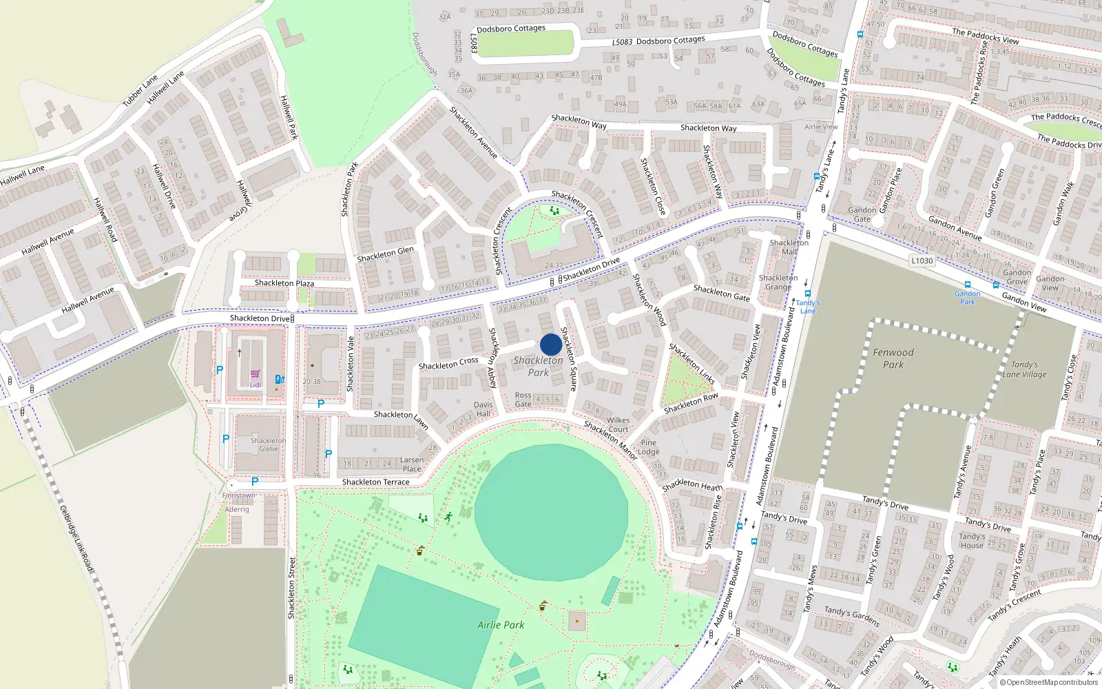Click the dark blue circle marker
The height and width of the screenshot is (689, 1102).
(551, 344)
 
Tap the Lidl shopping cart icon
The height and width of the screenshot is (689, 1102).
(255, 374)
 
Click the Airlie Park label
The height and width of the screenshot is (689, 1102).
(501, 625)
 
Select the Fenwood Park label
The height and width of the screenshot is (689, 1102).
(893, 358)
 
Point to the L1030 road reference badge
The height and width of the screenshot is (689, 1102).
(922, 260)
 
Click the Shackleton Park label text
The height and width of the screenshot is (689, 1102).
(538, 366)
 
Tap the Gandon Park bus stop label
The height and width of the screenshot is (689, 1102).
(968, 298)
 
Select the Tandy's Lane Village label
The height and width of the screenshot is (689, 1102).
(1024, 369)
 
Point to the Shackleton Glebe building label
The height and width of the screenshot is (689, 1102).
(269, 444)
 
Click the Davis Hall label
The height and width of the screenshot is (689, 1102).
(484, 409)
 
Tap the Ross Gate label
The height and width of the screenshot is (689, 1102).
(523, 400)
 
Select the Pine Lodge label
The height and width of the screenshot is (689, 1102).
(649, 447)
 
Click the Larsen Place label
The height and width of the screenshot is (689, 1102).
(412, 464)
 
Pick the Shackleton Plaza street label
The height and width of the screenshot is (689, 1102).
(284, 283)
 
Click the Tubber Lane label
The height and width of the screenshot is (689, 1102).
(140, 90)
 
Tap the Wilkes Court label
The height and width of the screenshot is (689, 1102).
(618, 424)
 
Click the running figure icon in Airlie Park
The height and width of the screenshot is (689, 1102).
(448, 515)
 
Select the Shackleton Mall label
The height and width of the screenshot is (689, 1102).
(789, 247)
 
